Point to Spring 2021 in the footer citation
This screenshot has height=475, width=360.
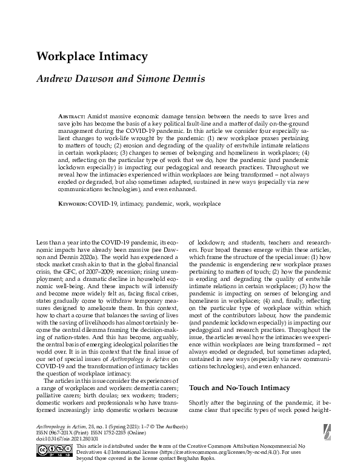(x=128, y=428)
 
